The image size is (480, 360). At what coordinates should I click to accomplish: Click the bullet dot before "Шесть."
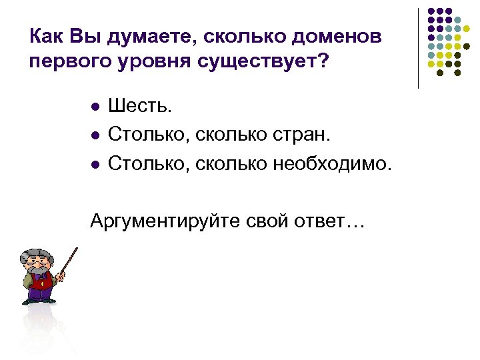tap(95, 107)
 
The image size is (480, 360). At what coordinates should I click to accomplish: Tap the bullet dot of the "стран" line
tap(95, 135)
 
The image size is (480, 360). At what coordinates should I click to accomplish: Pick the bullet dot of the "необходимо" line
tap(95, 163)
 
